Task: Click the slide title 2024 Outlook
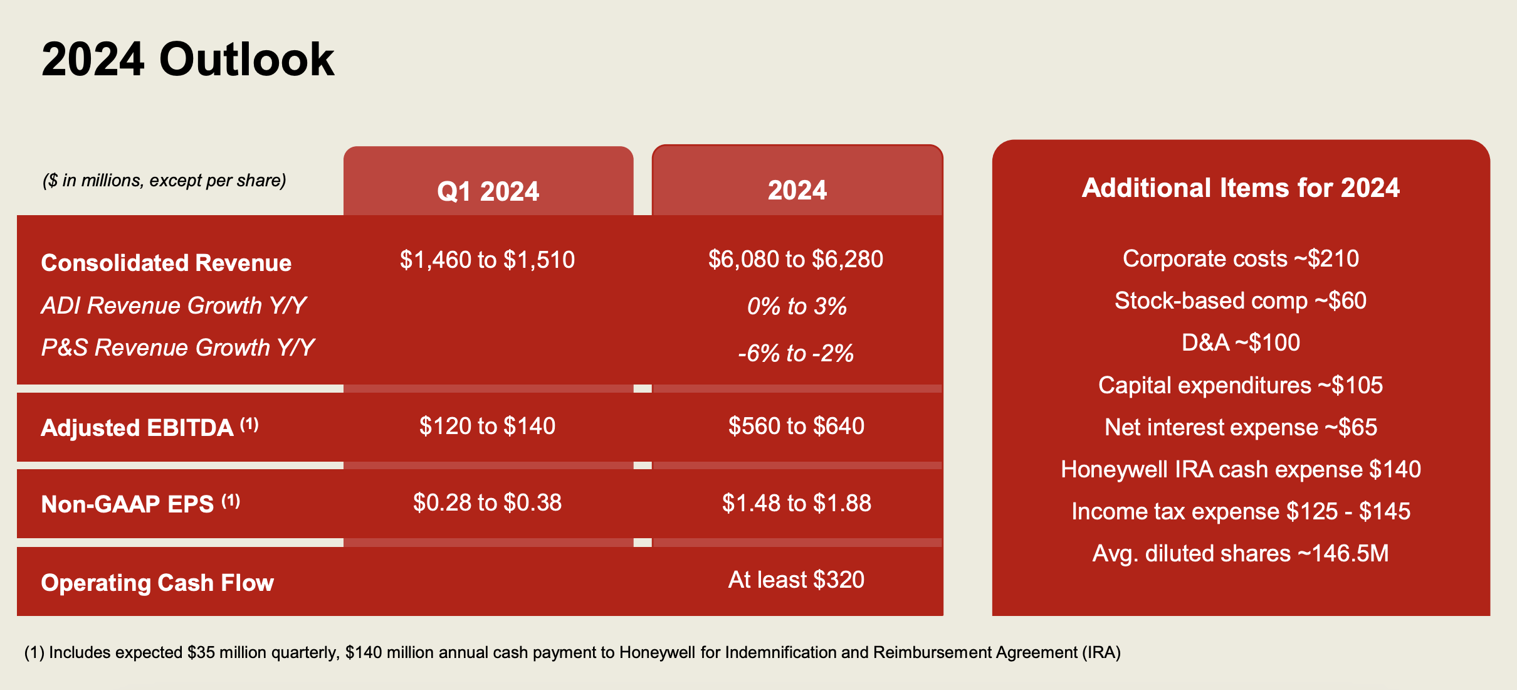(188, 60)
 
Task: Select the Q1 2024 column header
(488, 191)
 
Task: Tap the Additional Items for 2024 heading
(1241, 188)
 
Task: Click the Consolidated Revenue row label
(166, 263)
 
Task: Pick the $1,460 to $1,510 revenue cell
(487, 260)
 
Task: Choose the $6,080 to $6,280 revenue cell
(795, 259)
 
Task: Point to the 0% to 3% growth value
(797, 306)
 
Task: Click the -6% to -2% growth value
(796, 353)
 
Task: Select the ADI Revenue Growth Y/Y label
(174, 305)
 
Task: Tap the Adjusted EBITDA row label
(150, 427)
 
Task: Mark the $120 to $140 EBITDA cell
(487, 426)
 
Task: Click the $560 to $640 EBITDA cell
(796, 426)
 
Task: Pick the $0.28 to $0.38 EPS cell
(487, 502)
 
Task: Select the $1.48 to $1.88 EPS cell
(796, 503)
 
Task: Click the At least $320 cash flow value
(796, 580)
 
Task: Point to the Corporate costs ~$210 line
(1241, 258)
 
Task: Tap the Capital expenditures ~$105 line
(1241, 385)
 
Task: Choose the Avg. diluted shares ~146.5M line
(1241, 553)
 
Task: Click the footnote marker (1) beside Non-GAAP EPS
(231, 501)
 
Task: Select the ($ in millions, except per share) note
(164, 181)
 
